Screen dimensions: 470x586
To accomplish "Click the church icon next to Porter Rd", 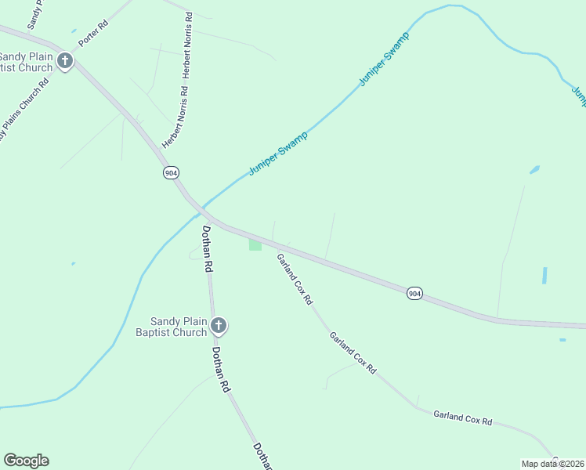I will [64, 61].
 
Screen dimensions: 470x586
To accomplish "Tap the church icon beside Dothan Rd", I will [219, 325].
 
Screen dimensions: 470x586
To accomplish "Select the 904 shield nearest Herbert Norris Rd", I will [170, 172].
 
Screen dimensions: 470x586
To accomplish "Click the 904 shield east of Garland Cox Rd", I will [414, 293].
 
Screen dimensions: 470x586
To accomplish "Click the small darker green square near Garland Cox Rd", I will [255, 245].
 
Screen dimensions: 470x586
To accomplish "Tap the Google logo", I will [26, 461].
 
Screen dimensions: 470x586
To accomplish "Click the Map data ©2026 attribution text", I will [552, 464].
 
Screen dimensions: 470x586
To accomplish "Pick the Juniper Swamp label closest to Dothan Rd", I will [278, 154].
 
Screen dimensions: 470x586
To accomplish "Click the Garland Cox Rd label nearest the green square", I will [295, 278].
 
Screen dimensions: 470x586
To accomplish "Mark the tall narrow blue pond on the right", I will [544, 275].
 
